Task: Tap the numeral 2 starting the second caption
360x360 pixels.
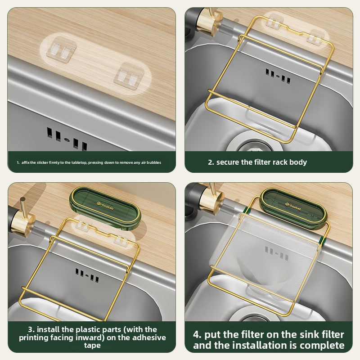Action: click(x=210, y=162)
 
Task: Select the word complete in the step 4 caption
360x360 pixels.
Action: click(x=322, y=346)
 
